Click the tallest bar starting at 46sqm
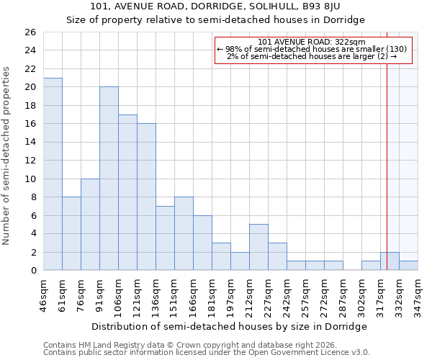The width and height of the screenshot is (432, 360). [x=53, y=174]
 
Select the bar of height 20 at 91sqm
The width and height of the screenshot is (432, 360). [x=109, y=179]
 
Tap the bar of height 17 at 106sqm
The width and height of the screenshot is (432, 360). [x=127, y=192]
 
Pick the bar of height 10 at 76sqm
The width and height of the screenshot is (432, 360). [x=90, y=225]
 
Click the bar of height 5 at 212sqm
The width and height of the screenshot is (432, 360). [x=258, y=247]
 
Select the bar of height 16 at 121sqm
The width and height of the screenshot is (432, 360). [x=146, y=197]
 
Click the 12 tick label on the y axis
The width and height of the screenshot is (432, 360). [x=30, y=161]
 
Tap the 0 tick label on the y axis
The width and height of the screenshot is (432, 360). [x=32, y=271]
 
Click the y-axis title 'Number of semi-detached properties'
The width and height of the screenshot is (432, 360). [x=7, y=156]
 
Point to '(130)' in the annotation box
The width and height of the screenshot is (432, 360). [x=395, y=49]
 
